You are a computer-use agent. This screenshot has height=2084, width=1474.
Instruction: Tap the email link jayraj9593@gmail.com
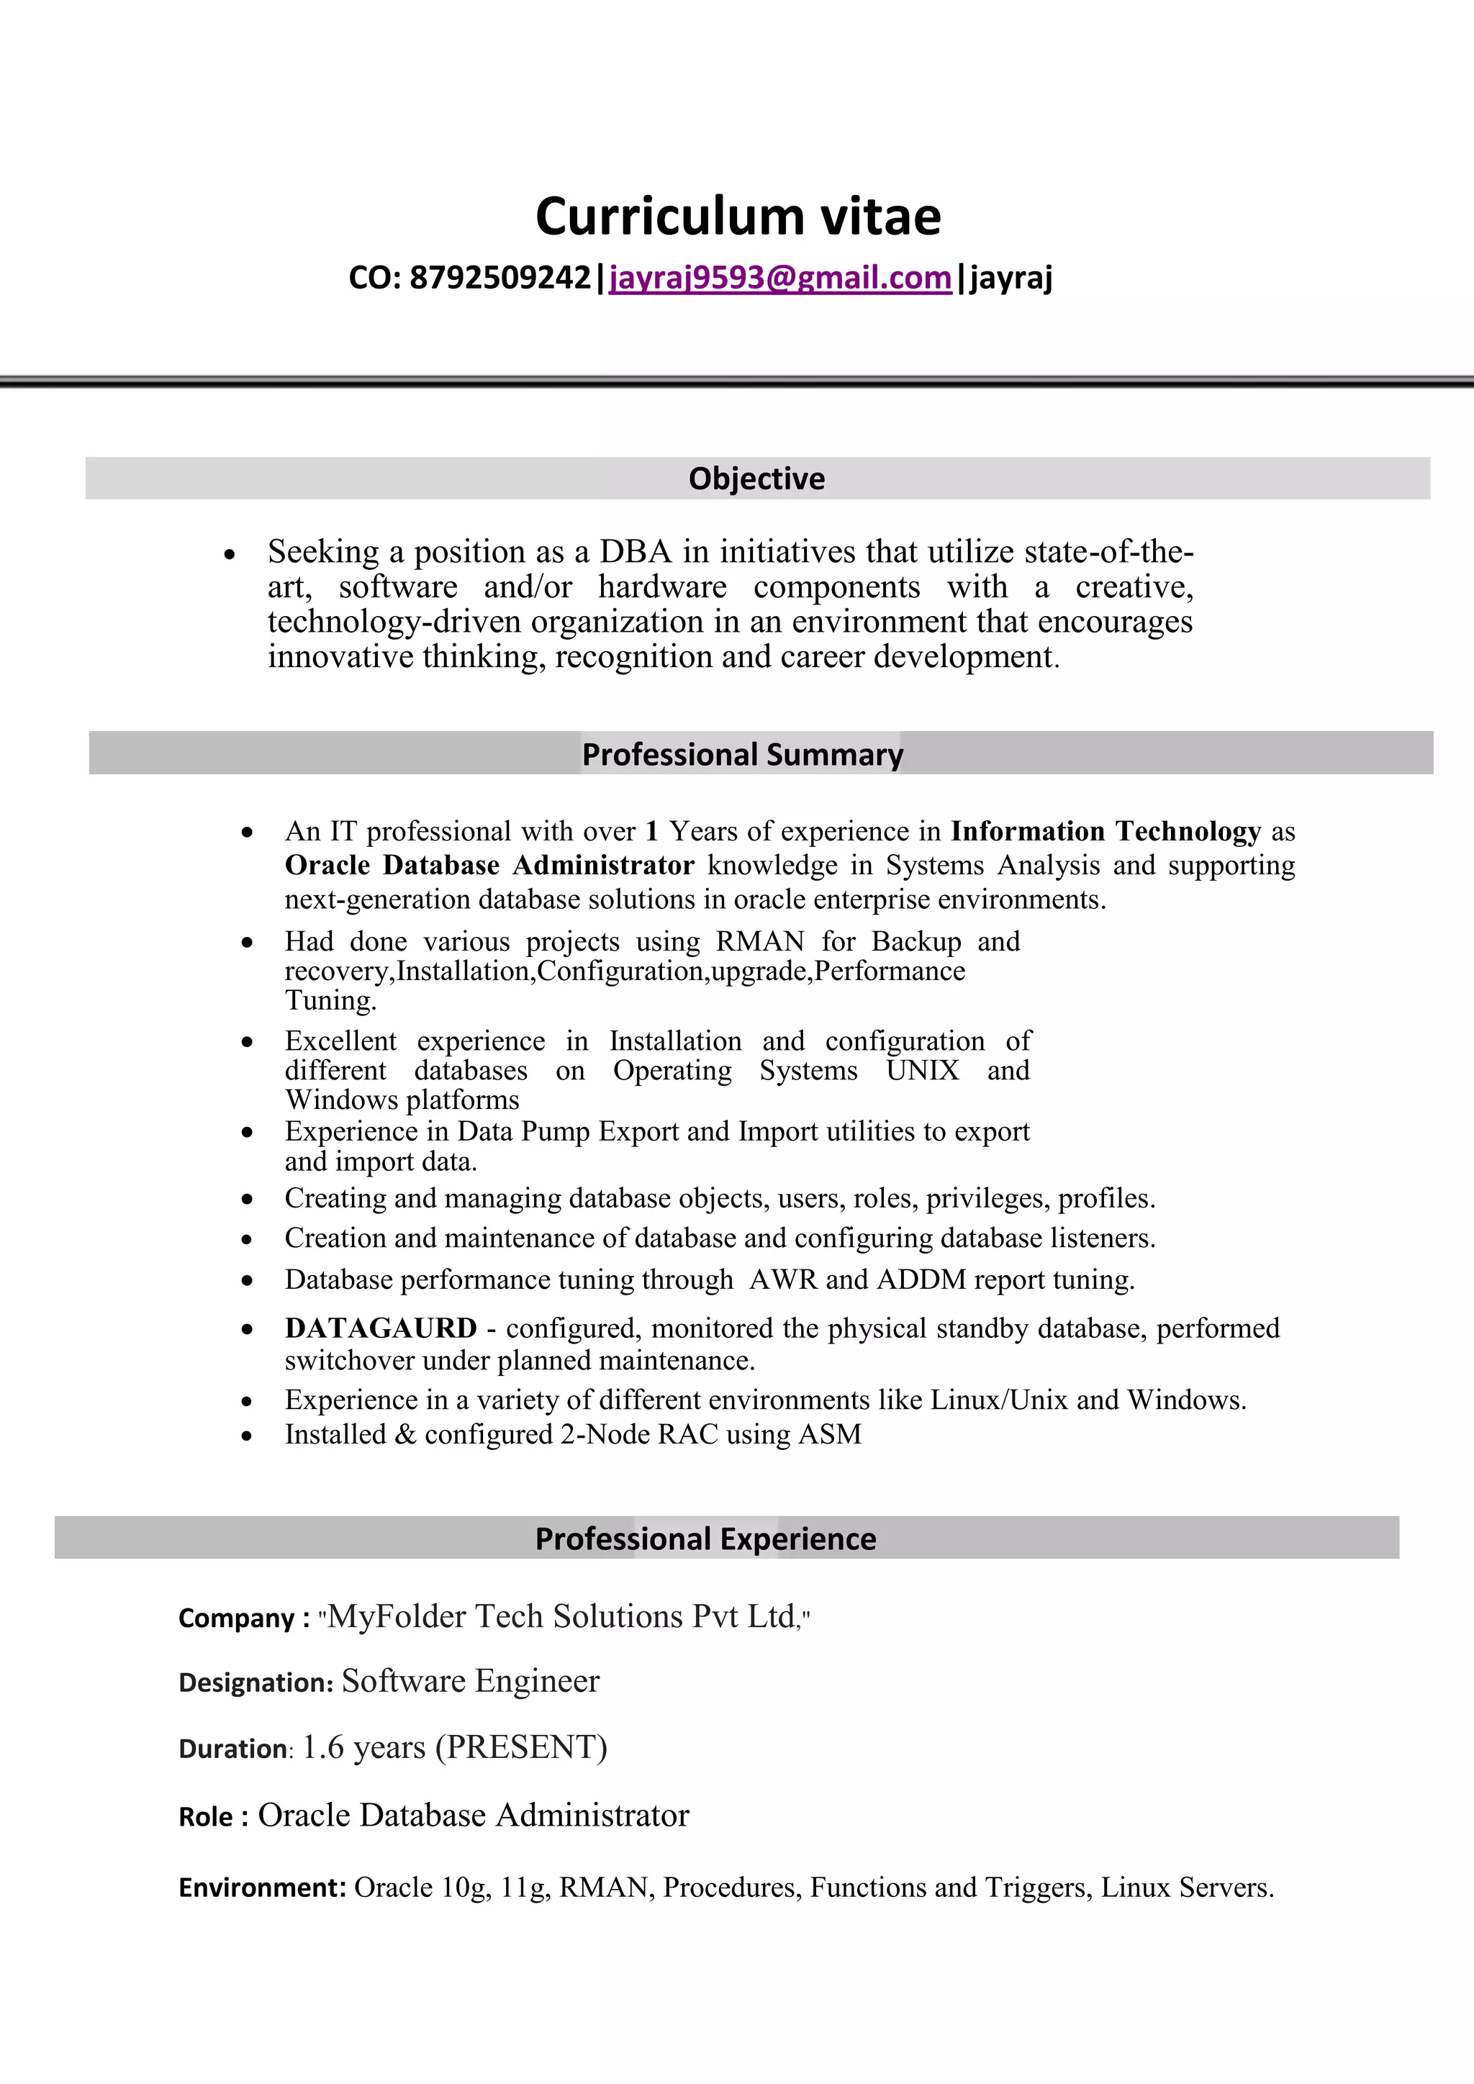coord(779,277)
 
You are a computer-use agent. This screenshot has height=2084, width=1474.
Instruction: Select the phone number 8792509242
coord(500,277)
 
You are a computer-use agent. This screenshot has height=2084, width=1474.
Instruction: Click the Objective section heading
coord(757,479)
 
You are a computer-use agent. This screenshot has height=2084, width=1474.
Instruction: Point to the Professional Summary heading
coord(743,754)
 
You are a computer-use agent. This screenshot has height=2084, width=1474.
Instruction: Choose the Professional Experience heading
coord(705,1539)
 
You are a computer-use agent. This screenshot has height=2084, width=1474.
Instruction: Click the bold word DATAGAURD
coord(380,1328)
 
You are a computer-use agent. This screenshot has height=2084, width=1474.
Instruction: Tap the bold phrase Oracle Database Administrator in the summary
coord(489,865)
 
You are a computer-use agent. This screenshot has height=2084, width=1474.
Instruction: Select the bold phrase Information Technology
coord(1105,830)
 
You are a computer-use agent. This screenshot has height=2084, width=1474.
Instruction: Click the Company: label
coord(244,1618)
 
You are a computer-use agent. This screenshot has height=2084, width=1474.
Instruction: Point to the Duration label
coord(233,1749)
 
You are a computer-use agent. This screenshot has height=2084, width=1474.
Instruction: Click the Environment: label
coord(262,1888)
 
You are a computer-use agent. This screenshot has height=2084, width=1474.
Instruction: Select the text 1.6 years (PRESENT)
coord(454,1747)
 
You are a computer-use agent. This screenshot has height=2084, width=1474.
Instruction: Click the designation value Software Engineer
coord(470,1681)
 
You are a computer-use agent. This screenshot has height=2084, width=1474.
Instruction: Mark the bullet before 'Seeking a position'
coord(230,553)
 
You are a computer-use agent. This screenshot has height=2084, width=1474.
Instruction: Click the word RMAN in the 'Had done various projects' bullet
coord(760,941)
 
